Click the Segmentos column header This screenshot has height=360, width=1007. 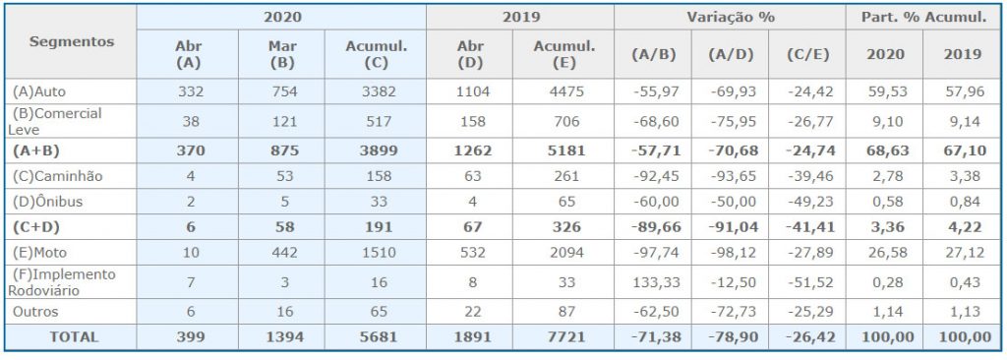point(72,41)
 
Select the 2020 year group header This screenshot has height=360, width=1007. point(282,17)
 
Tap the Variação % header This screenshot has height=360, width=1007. point(731,17)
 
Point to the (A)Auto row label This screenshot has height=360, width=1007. point(39,91)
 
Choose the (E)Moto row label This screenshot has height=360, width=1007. point(39,253)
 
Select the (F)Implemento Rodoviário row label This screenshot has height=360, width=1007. point(62,282)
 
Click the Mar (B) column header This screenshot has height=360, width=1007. point(283,54)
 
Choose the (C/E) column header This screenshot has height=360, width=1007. point(807,54)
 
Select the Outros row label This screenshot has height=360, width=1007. point(35,312)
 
